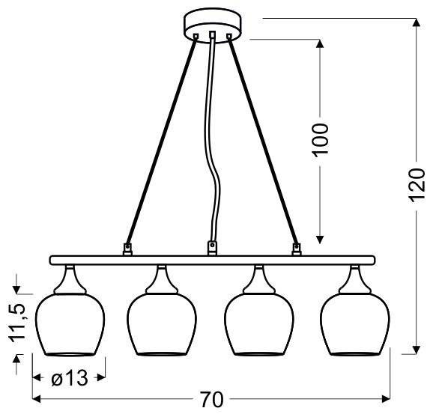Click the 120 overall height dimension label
(417, 186)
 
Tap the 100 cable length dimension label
(321, 140)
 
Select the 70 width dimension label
(212, 400)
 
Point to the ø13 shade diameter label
(70, 378)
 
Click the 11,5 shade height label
(17, 322)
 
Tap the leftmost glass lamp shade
(70, 324)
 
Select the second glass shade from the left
(162, 324)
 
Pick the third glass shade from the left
(259, 324)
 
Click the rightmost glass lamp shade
(355, 324)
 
